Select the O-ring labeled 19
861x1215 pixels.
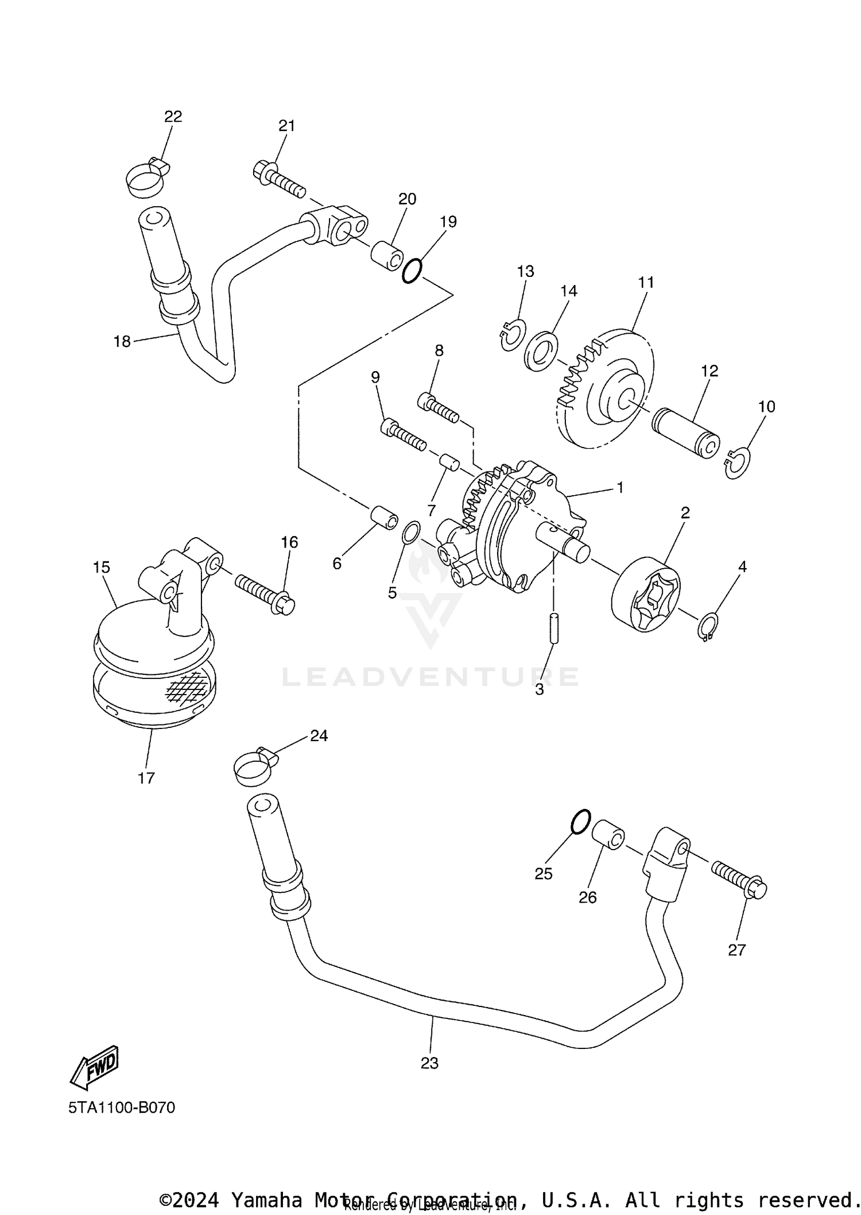coord(412,271)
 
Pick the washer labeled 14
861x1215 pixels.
coord(541,350)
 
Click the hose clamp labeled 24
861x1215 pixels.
coord(254,766)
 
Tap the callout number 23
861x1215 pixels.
coord(429,1063)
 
